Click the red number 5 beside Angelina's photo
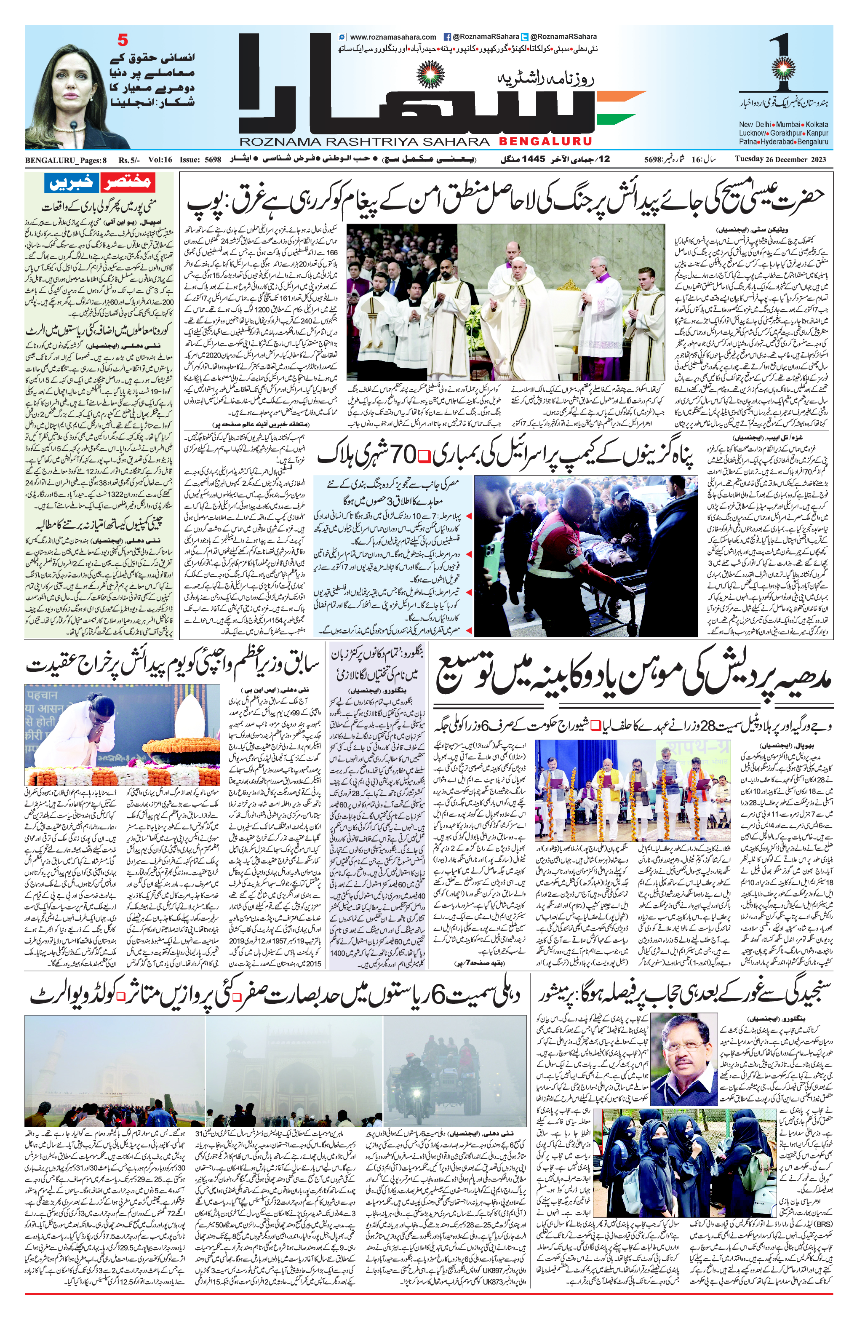pos(123,40)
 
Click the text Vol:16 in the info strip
pos(160,160)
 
